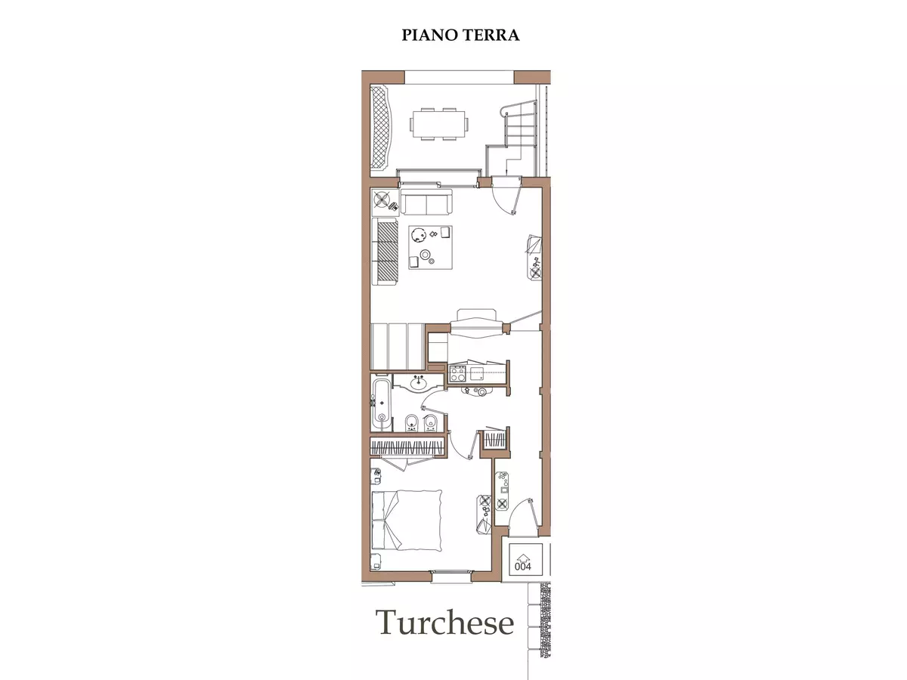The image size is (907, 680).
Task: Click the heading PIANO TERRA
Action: click(460, 35)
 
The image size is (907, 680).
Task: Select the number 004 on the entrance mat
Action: click(523, 567)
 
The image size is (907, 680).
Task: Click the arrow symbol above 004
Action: click(523, 557)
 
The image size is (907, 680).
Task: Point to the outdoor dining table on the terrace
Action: click(440, 124)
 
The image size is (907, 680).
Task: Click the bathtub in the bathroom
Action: click(381, 403)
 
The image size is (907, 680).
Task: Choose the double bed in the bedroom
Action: click(407, 520)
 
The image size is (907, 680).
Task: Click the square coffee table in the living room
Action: click(430, 247)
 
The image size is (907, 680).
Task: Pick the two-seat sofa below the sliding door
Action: click(426, 202)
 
